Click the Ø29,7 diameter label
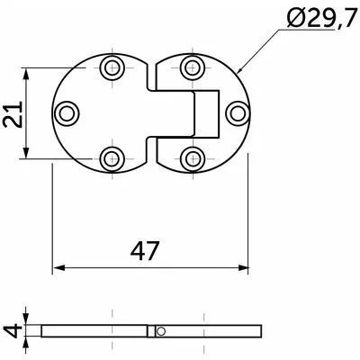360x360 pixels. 321,18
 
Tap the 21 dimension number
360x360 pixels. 13,114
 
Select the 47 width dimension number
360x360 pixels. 144,251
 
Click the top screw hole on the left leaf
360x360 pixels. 112,67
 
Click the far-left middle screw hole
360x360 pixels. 67,113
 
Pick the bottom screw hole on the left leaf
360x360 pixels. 112,158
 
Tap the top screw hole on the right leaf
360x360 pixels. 193,67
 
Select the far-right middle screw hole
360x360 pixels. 238,113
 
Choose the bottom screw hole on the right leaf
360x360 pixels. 193,158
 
